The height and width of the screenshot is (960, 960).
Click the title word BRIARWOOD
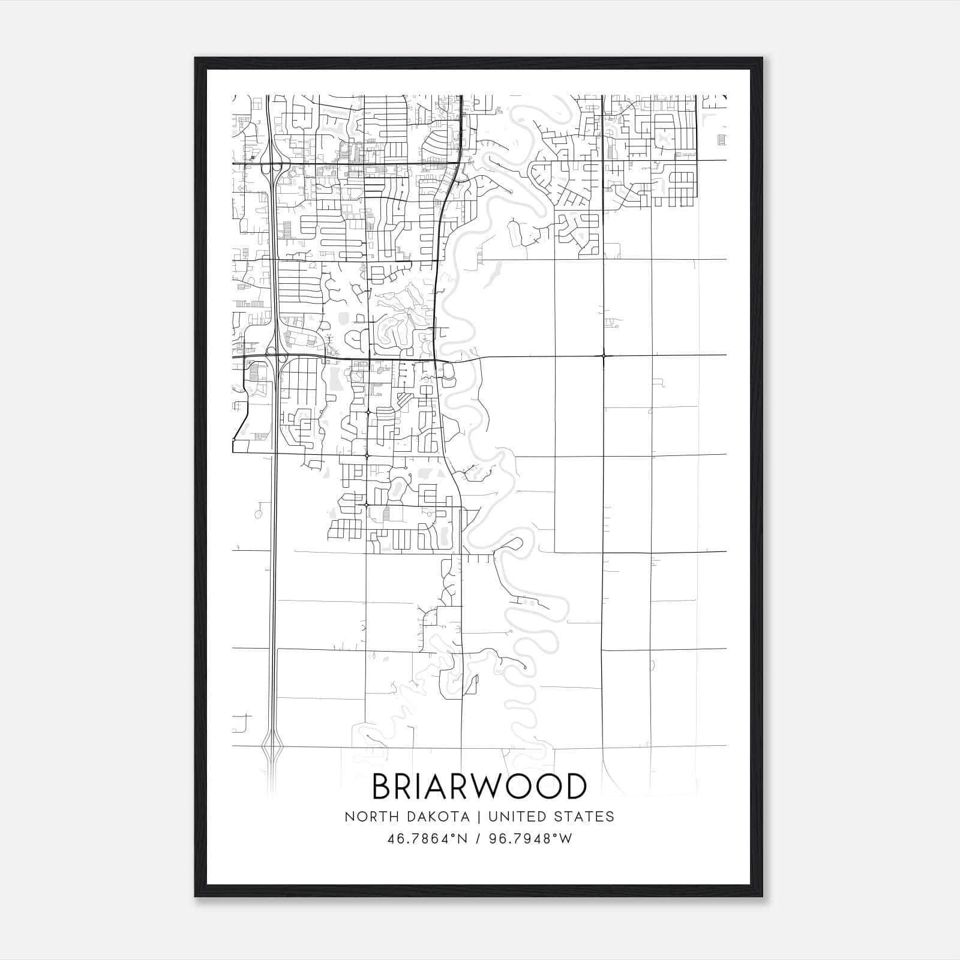coord(479,787)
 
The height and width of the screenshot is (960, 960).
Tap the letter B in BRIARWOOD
coord(383,787)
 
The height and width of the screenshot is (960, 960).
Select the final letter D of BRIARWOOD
coord(575,787)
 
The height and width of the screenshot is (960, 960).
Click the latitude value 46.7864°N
coord(427,839)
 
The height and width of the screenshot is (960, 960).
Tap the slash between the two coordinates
coord(478,839)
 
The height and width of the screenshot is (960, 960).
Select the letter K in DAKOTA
coord(434,817)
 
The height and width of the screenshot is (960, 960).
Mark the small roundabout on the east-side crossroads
coord(603,356)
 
